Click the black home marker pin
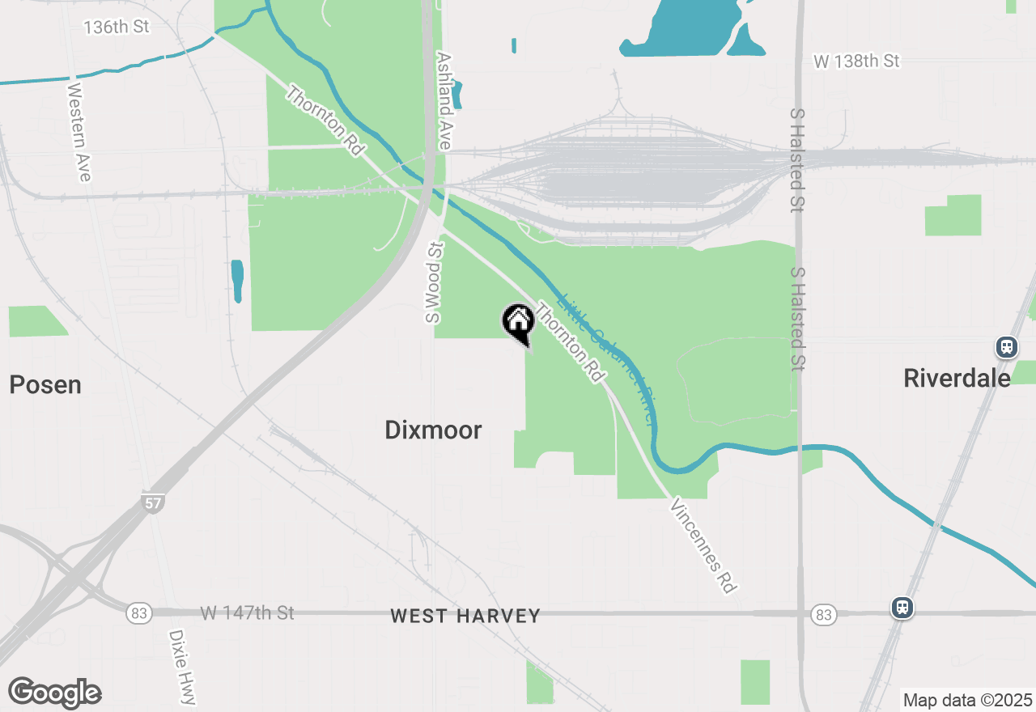pos(518,322)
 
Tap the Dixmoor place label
pos(433,430)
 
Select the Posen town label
pos(45,385)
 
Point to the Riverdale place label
pos(957,378)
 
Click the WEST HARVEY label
pos(465,617)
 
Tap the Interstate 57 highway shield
pos(151,502)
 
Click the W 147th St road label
pos(247,613)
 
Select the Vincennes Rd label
pos(703,545)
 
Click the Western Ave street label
pos(79,132)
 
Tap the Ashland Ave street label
pos(444,101)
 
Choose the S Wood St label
pos(435,283)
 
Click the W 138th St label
pos(856,61)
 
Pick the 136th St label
pos(117,27)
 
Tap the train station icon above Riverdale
pos(1006,347)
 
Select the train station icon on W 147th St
pos(902,608)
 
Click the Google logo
pos(54,693)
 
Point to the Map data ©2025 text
pos(967,700)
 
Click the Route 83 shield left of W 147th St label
pos(138,614)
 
